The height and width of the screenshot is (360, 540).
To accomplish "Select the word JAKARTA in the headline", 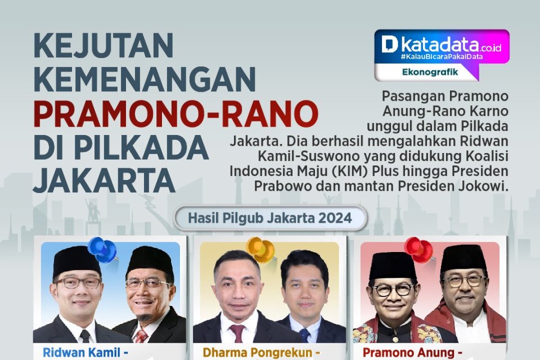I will tap(104, 179).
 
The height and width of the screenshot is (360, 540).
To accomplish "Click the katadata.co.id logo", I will tap(442, 45).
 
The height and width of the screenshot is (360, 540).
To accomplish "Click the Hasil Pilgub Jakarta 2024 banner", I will tap(270, 218).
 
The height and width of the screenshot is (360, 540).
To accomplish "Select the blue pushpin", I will tap(102, 249).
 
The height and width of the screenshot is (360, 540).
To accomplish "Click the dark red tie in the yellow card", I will tap(237, 333).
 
